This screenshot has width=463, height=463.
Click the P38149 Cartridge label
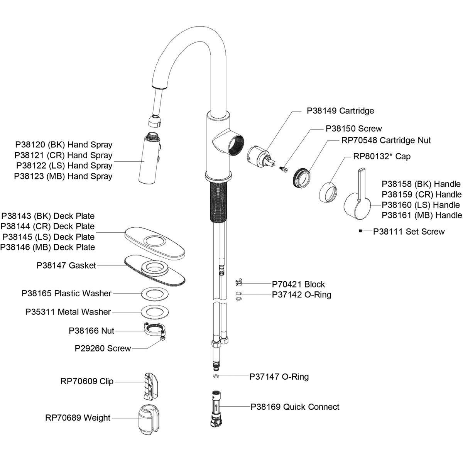340,111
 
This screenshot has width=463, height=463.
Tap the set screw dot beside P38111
360,231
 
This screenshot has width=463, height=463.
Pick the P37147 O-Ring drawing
216,376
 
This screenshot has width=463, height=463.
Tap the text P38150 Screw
354,128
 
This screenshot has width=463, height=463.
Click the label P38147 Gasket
66,265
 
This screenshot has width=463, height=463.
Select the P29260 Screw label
103,348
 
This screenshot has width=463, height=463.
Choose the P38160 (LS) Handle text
421,205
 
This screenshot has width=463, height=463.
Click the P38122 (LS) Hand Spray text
64,166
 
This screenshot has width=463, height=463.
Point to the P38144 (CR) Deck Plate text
48,226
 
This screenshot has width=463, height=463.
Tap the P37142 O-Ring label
301,295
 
